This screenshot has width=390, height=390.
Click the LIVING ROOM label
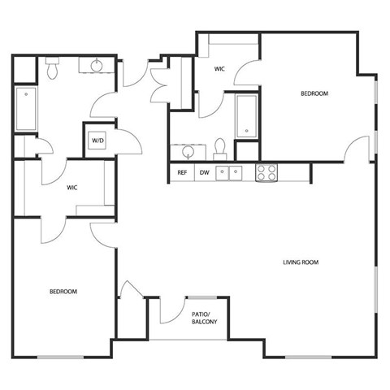click(301, 262)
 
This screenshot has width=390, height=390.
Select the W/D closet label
click(98, 140)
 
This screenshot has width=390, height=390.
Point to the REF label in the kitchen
click(182, 172)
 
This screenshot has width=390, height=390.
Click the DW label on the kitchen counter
click(205, 172)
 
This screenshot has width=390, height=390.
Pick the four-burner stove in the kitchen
click(266, 172)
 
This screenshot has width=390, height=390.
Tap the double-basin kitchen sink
click(231, 172)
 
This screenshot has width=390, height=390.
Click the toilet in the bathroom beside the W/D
click(53, 68)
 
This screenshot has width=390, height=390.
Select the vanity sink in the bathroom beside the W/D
click(97, 67)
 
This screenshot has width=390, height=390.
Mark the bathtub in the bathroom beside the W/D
click(25, 110)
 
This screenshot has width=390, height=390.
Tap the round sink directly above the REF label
click(188, 151)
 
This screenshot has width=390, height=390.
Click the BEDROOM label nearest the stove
click(314, 94)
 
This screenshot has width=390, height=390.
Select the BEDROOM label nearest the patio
click(63, 291)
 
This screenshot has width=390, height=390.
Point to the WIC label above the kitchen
click(219, 70)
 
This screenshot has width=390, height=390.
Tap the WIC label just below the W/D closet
click(72, 187)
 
